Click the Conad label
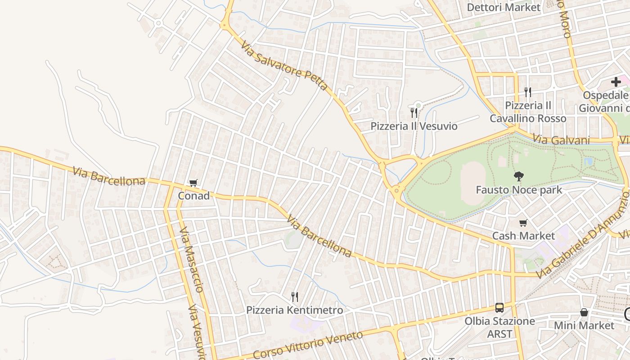coord(194,196)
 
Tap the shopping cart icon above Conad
coord(193,183)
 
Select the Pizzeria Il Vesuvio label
coord(414,126)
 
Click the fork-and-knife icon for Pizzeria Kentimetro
coord(295,297)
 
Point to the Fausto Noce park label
coord(519,190)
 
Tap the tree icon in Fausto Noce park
coord(519,176)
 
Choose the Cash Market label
coord(523,236)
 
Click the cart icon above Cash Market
coord(523,223)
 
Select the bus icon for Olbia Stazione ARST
coord(499,308)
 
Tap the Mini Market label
coord(584,325)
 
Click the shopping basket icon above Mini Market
coord(584,312)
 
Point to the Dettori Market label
coord(504,7)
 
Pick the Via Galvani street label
coord(561,140)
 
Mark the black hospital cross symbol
coord(616,82)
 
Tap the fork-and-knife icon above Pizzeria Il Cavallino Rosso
coord(528,92)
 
